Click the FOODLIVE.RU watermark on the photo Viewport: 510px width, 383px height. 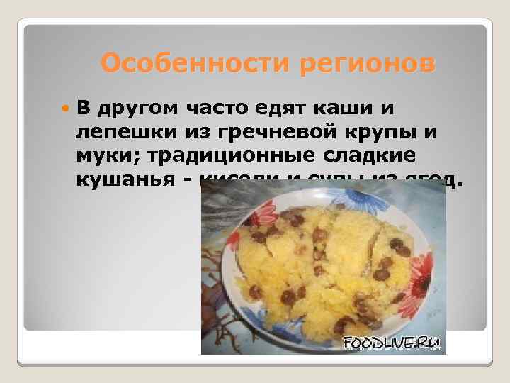pyautogui.click(x=392, y=343)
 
